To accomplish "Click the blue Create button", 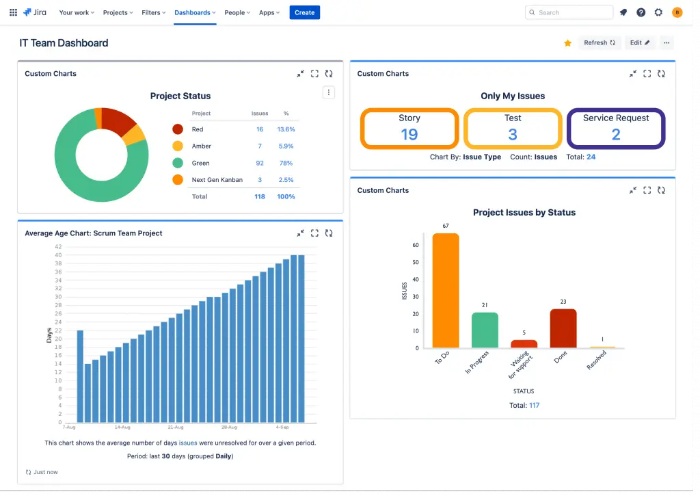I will coord(304,12).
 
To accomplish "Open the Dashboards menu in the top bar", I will coord(195,12).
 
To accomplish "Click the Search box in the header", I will coord(569,12).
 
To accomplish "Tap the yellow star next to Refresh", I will coord(567,43).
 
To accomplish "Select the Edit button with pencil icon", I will coord(640,42).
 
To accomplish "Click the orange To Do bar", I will coord(446,291).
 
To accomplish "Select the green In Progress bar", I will coord(485,330).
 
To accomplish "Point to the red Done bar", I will coord(563,328).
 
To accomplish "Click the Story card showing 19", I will coord(409,128).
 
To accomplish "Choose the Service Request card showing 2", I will coord(616,128).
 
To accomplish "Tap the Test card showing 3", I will coord(513,128).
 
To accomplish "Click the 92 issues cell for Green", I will coord(260,163).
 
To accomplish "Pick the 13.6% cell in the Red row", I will coord(286,129).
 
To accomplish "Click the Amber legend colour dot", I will coord(178,146).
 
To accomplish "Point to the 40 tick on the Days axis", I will coord(58,255).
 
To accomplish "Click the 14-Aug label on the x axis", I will coord(122,427).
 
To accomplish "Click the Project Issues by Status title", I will coord(524,213).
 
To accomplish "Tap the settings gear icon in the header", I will coord(658,12).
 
